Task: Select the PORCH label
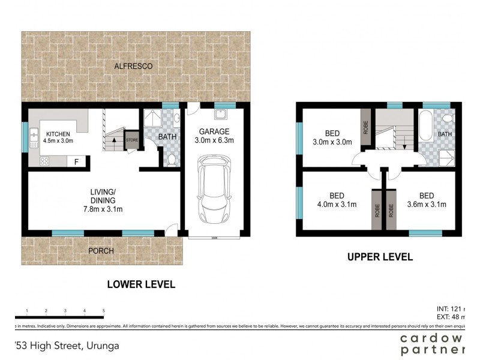pyautogui.click(x=101, y=250)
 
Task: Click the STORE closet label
pyautogui.click(x=132, y=141)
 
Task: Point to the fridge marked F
pyautogui.click(x=76, y=161)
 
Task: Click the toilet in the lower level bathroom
pyautogui.click(x=171, y=158)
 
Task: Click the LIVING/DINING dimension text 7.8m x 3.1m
pyautogui.click(x=103, y=209)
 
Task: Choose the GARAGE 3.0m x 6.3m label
pyautogui.click(x=214, y=136)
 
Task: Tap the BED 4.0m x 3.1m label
pyautogui.click(x=337, y=200)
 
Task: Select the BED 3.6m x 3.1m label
pyautogui.click(x=427, y=200)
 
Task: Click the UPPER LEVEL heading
pyautogui.click(x=380, y=257)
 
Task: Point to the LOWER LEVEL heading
pyautogui.click(x=141, y=284)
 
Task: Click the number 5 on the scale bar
pyautogui.click(x=104, y=311)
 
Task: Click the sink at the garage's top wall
pyautogui.click(x=221, y=114)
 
